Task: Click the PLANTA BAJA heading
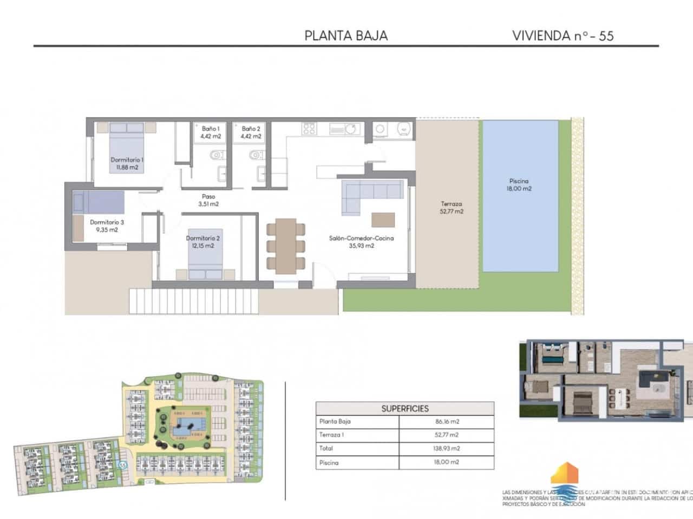pos(346,36)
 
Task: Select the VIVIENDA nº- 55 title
pos(563,36)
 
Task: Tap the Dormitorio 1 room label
pos(127,163)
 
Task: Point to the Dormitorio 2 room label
pos(202,242)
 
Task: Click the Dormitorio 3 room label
pos(107,225)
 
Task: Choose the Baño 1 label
pos(210,132)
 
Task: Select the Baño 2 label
pos(251,132)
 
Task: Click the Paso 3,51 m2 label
pos(208,200)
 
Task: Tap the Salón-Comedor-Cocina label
pos(361,242)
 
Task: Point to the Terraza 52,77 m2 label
pos(451,208)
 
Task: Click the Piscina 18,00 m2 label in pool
pos(519,185)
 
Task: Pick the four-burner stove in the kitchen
pos(309,129)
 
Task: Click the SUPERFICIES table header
pos(405,409)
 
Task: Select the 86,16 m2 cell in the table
pos(446,422)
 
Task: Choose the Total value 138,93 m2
pos(446,448)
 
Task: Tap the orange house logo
pos(564,476)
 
